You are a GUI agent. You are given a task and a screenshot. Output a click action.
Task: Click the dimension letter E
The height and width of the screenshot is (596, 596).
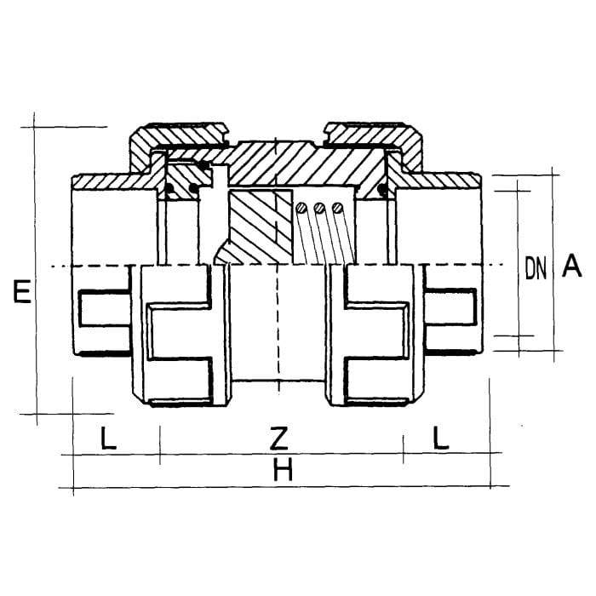click(x=22, y=291)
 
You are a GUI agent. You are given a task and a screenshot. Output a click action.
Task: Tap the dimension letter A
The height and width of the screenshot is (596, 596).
click(x=572, y=266)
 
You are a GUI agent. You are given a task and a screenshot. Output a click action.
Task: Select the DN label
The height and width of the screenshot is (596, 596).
click(x=536, y=268)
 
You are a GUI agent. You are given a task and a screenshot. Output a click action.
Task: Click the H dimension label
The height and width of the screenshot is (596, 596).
click(x=284, y=469)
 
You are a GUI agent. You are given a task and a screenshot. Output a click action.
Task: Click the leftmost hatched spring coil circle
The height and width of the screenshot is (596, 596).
click(x=301, y=208)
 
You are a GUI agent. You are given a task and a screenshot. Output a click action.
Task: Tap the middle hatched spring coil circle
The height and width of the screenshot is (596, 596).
click(x=319, y=208)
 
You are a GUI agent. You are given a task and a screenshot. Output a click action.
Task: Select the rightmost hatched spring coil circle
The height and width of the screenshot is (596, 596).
click(x=337, y=208)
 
